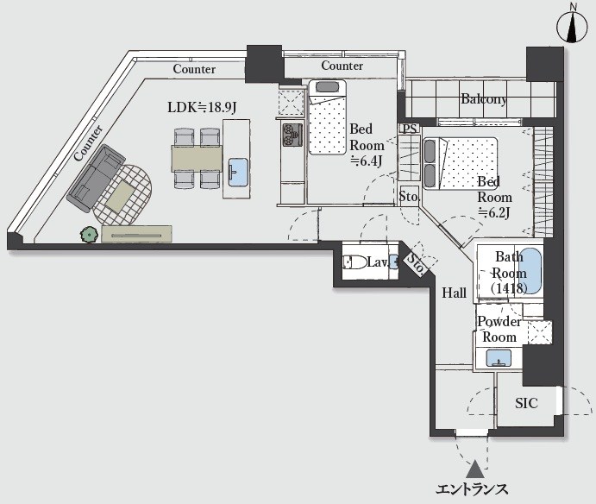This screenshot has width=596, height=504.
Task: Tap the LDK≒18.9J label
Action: pyautogui.click(x=202, y=107)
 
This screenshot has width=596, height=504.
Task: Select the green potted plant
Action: pyautogui.click(x=89, y=235)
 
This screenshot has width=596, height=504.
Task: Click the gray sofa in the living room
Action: pyautogui.click(x=96, y=178)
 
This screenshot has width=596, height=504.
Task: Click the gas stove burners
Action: pyautogui.click(x=292, y=135)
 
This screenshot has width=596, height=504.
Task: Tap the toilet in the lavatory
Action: pyautogui.click(x=353, y=262)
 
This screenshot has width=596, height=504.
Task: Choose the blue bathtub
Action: pyautogui.click(x=530, y=270)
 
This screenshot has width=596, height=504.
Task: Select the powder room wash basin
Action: pyautogui.click(x=499, y=358)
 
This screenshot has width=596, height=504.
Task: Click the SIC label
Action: pyautogui.click(x=526, y=403)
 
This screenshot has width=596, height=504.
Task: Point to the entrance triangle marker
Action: pyautogui.click(x=474, y=469)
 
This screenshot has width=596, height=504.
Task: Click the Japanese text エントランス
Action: pyautogui.click(x=471, y=489)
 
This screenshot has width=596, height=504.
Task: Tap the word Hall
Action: pyautogui.click(x=454, y=293)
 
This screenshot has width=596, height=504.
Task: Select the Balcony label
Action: pyautogui.click(x=484, y=99)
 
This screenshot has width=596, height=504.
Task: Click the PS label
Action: pyautogui.click(x=410, y=129)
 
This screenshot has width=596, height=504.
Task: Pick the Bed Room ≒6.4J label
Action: pyautogui.click(x=367, y=145)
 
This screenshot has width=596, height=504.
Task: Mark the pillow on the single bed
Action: pyautogui.click(x=327, y=86)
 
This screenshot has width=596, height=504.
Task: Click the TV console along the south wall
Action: pyautogui.click(x=136, y=234)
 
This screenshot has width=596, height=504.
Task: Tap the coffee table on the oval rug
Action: pyautogui.click(x=121, y=197)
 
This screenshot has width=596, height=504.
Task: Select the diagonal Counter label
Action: pyautogui.click(x=89, y=142)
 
